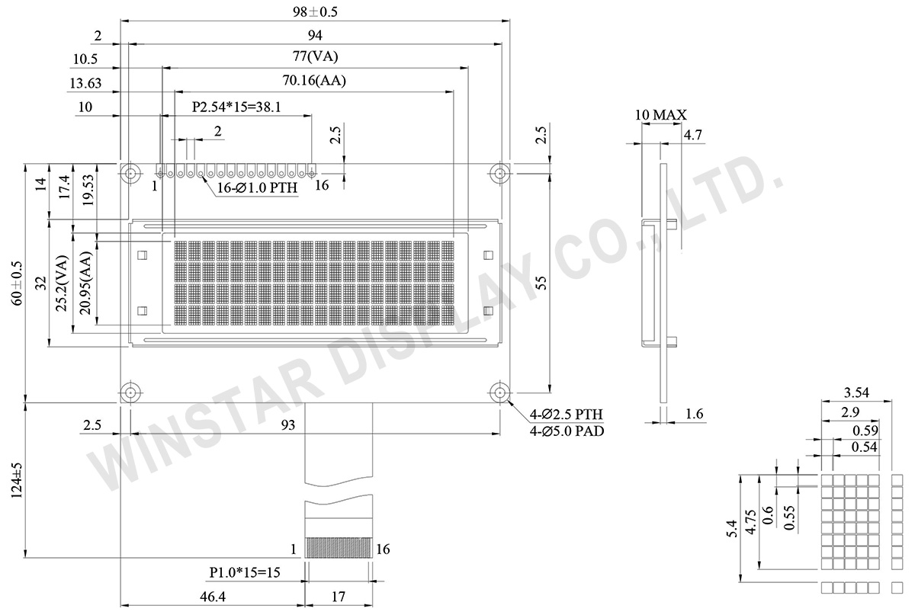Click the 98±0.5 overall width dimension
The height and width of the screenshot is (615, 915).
315,12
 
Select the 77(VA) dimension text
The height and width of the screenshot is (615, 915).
315,56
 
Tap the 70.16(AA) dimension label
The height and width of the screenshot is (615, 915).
314,80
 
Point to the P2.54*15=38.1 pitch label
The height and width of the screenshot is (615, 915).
236,107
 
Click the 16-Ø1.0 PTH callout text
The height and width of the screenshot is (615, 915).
257,187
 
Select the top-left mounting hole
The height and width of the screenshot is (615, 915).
130,174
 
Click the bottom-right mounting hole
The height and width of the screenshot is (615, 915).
499,392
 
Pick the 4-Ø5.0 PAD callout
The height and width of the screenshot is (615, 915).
567,431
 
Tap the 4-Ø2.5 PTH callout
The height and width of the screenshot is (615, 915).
566,415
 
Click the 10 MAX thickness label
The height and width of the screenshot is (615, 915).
660,115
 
